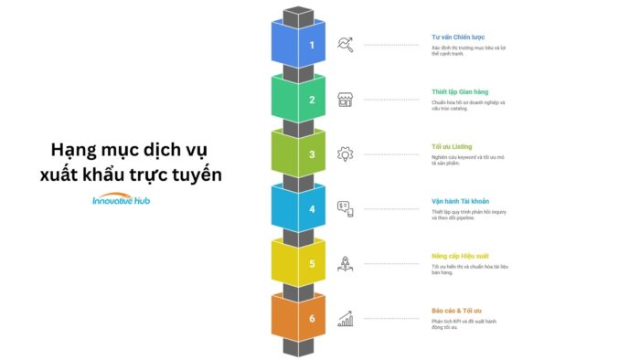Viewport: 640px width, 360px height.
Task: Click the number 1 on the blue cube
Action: pyautogui.click(x=312, y=45)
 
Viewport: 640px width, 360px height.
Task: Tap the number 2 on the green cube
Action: pyautogui.click(x=312, y=100)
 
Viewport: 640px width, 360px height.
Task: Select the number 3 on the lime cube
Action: pyautogui.click(x=312, y=154)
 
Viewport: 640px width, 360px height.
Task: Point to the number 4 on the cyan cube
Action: pyautogui.click(x=312, y=209)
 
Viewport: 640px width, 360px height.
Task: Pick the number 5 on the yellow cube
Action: pyautogui.click(x=312, y=264)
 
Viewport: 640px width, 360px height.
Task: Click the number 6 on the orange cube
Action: pyautogui.click(x=312, y=319)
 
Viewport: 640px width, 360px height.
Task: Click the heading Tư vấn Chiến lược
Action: pyautogui.click(x=458, y=37)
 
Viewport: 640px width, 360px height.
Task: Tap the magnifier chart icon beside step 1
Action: pyautogui.click(x=346, y=44)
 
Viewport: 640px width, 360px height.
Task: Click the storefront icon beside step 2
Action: pyautogui.click(x=346, y=99)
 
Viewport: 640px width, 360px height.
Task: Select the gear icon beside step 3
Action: pyautogui.click(x=346, y=154)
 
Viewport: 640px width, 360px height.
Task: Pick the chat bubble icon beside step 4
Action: pyautogui.click(x=345, y=208)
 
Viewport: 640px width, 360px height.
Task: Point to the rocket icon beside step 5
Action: pyautogui.click(x=346, y=263)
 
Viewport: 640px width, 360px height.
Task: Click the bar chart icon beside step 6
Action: pyautogui.click(x=346, y=318)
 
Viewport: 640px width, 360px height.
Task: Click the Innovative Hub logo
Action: pyautogui.click(x=127, y=201)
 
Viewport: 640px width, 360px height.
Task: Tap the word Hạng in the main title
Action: pyautogui.click(x=75, y=148)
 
